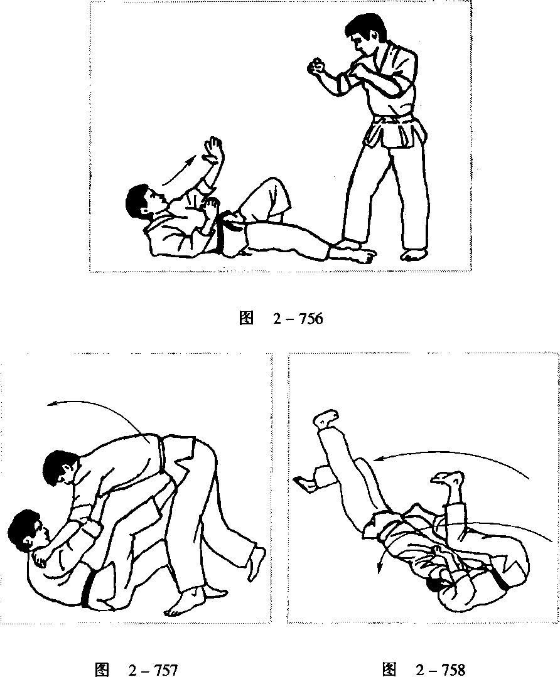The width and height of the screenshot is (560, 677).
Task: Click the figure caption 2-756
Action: (x=281, y=319)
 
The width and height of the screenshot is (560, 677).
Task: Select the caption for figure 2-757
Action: (x=135, y=669)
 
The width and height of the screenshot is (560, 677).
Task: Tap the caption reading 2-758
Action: (x=424, y=669)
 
